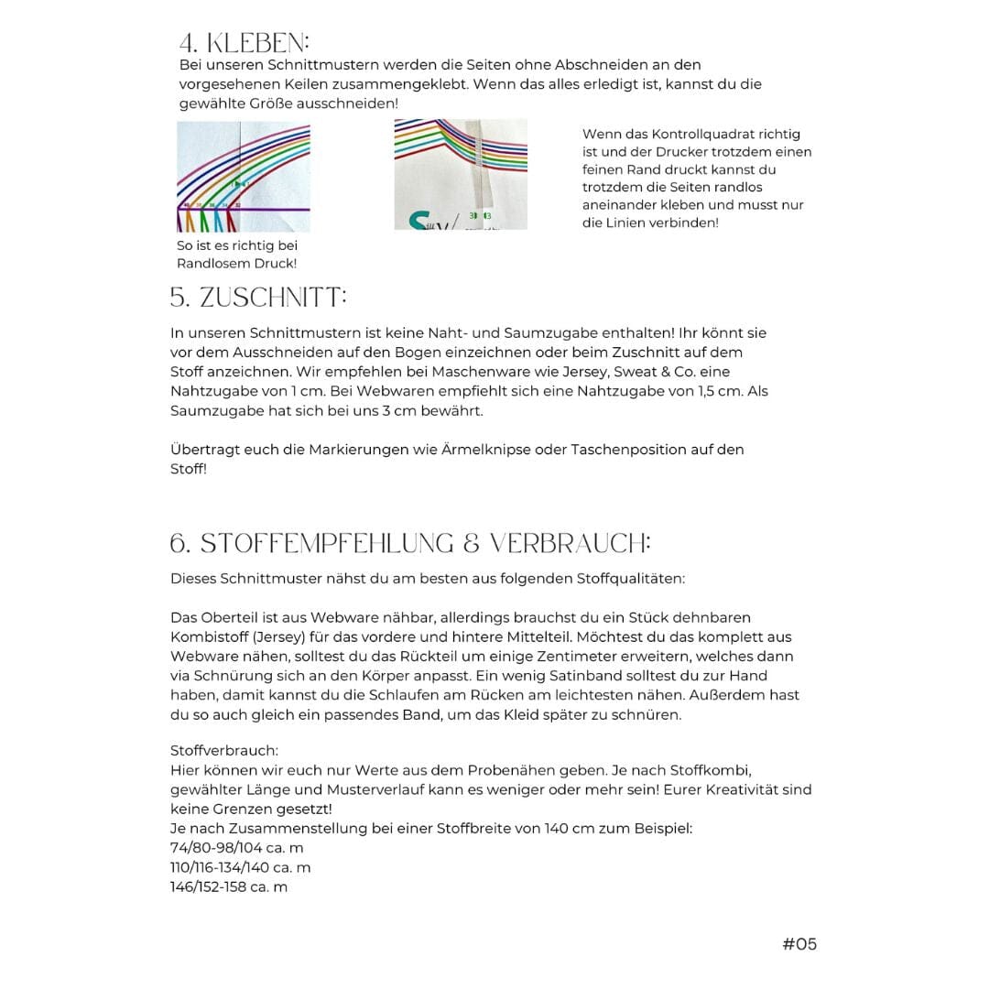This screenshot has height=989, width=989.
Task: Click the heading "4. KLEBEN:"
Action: [x=245, y=43]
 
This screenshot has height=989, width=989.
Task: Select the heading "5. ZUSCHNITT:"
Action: [x=258, y=298]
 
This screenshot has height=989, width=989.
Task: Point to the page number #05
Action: [x=799, y=944]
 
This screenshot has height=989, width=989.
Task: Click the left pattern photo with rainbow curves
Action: [x=243, y=177]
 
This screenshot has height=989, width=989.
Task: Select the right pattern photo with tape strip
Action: [x=461, y=174]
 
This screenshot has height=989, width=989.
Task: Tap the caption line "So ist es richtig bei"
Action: [x=237, y=245]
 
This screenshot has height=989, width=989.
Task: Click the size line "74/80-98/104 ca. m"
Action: [x=236, y=848]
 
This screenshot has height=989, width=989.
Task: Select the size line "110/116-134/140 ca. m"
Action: [x=240, y=867]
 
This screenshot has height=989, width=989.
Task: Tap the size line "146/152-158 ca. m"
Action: [x=229, y=886]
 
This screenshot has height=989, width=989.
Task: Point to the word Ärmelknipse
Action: [x=490, y=450]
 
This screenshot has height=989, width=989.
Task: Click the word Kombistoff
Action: [x=208, y=637]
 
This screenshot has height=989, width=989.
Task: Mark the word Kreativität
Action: [x=747, y=789]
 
